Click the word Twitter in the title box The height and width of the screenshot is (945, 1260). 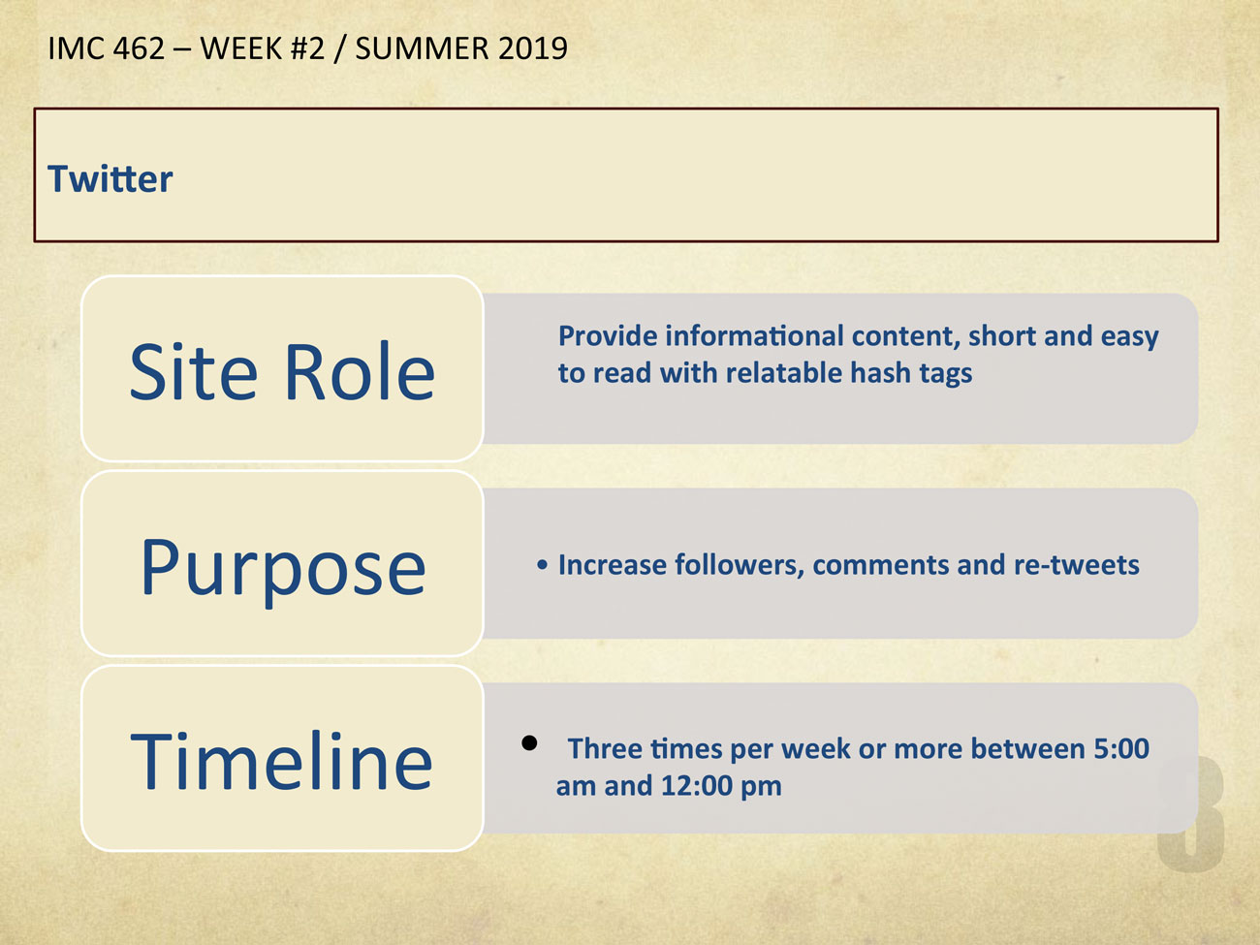click(x=110, y=178)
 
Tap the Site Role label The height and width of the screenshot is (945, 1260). click(x=282, y=371)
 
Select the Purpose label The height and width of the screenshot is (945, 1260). click(x=283, y=570)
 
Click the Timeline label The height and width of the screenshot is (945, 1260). click(x=281, y=762)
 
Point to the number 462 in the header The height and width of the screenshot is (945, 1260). click(x=139, y=48)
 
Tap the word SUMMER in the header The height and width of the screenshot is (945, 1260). click(x=422, y=48)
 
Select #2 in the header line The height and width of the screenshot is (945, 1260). click(x=307, y=48)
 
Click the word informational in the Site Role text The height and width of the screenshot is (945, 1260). click(x=755, y=335)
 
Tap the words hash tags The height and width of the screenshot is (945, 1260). click(x=911, y=374)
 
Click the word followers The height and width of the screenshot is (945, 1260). click(x=740, y=565)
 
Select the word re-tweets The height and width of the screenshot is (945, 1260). click(x=1077, y=565)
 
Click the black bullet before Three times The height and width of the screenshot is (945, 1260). click(x=529, y=743)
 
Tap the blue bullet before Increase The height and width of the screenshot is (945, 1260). click(x=542, y=566)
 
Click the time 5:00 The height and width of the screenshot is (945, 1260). click(x=1121, y=749)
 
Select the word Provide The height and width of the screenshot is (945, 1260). click(x=608, y=335)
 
